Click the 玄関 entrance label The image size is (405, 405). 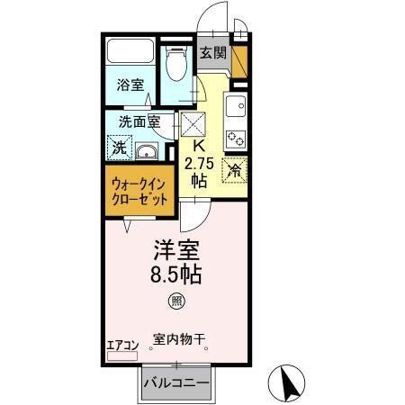[x=212, y=53]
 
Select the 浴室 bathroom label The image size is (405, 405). [x=130, y=85]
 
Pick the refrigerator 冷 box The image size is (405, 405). [x=235, y=168]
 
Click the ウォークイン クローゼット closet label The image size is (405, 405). [x=139, y=191]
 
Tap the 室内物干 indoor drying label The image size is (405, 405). [x=178, y=339]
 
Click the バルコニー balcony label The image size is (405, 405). [x=177, y=384]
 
